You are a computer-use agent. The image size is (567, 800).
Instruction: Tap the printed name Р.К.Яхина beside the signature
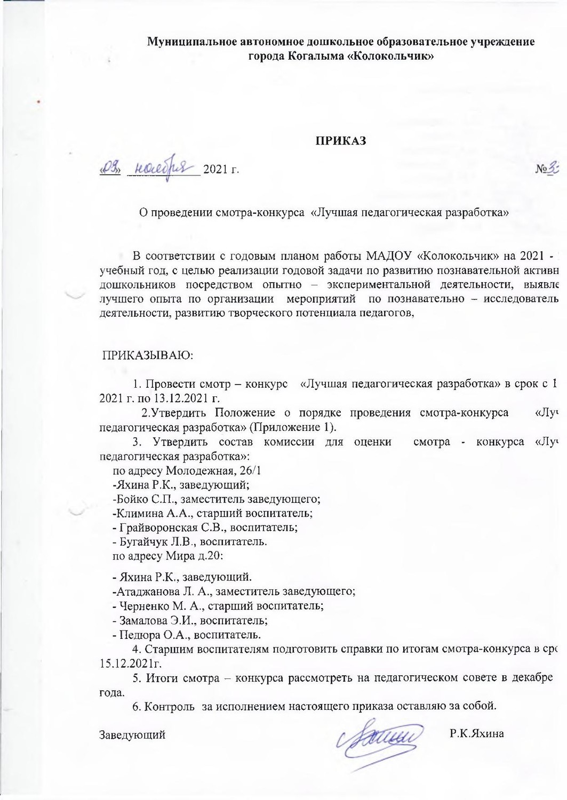coord(476,734)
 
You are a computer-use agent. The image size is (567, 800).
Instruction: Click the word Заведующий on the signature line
coord(133,735)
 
